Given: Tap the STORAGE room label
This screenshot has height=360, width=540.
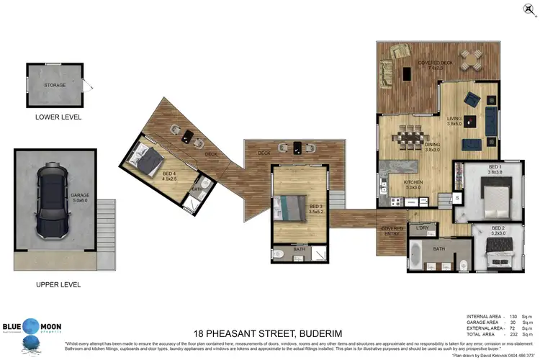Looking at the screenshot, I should (x=55, y=85).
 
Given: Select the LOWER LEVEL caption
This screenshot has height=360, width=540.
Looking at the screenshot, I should (x=58, y=117).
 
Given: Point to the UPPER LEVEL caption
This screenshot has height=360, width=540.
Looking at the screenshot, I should (x=58, y=284).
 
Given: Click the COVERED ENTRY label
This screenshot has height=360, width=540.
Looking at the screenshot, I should (x=392, y=231).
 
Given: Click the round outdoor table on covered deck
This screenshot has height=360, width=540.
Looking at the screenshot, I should (x=473, y=58).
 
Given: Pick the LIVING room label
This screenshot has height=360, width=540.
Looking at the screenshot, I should (x=454, y=120).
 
